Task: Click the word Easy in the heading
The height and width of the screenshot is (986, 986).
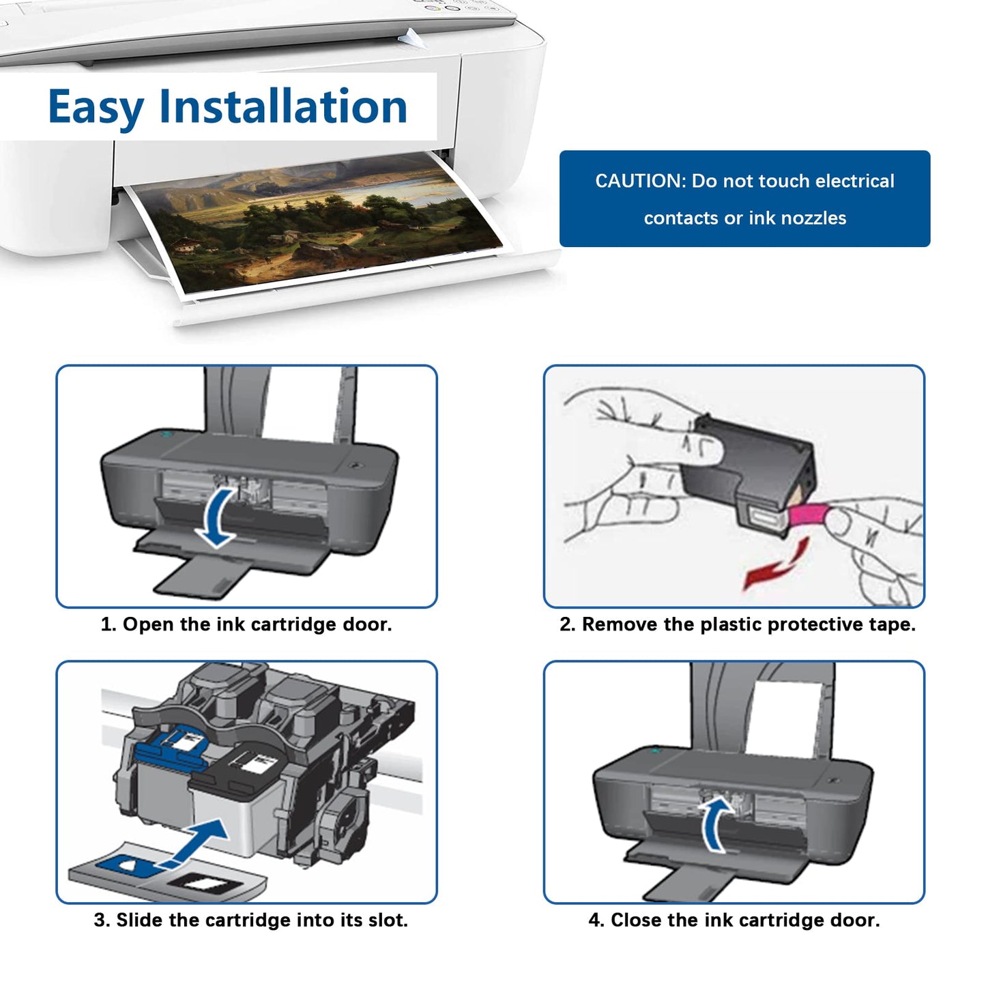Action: pyautogui.click(x=96, y=107)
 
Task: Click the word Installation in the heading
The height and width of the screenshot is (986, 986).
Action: pyautogui.click(x=283, y=107)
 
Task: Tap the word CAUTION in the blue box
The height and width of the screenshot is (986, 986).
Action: pyautogui.click(x=639, y=181)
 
